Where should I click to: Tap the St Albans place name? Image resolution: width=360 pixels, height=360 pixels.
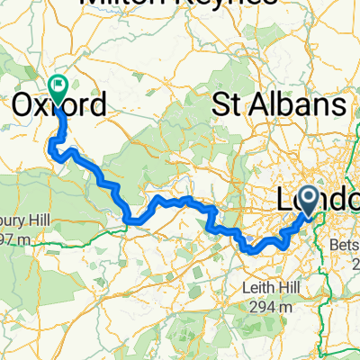click(x=279, y=105)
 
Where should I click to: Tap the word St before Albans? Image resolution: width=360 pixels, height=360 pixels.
click(x=226, y=105)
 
